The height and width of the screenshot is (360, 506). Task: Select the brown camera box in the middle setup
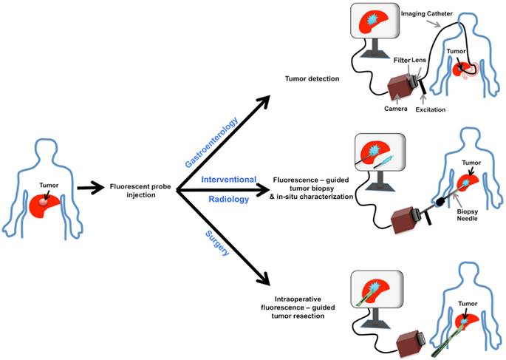(404, 218)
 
